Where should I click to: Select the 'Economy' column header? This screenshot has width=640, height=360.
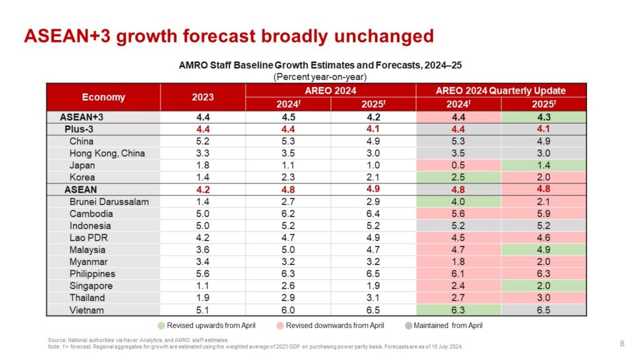pyautogui.click(x=103, y=97)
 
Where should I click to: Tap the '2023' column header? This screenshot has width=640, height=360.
pyautogui.click(x=202, y=97)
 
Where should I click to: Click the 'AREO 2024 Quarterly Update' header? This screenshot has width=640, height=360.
pyautogui.click(x=501, y=91)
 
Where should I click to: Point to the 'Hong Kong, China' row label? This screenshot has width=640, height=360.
pyautogui.click(x=107, y=153)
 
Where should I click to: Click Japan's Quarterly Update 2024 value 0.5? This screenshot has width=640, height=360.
pyautogui.click(x=459, y=165)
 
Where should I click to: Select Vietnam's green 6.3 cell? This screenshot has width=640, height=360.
pyautogui.click(x=459, y=310)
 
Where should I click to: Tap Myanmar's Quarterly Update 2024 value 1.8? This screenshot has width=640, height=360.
pyautogui.click(x=459, y=262)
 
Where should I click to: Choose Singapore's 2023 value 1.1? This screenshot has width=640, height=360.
pyautogui.click(x=202, y=286)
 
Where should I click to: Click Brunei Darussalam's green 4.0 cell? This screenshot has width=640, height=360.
pyautogui.click(x=459, y=202)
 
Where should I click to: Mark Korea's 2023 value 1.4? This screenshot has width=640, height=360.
pyautogui.click(x=202, y=177)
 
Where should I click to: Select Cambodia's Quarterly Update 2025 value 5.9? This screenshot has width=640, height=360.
pyautogui.click(x=544, y=214)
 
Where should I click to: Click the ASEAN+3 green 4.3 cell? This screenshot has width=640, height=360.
pyautogui.click(x=544, y=116)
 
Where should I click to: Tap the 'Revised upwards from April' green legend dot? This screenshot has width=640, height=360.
pyautogui.click(x=161, y=326)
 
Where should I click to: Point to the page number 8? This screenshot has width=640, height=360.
pyautogui.click(x=622, y=343)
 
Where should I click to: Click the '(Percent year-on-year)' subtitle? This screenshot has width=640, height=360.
pyautogui.click(x=320, y=77)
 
